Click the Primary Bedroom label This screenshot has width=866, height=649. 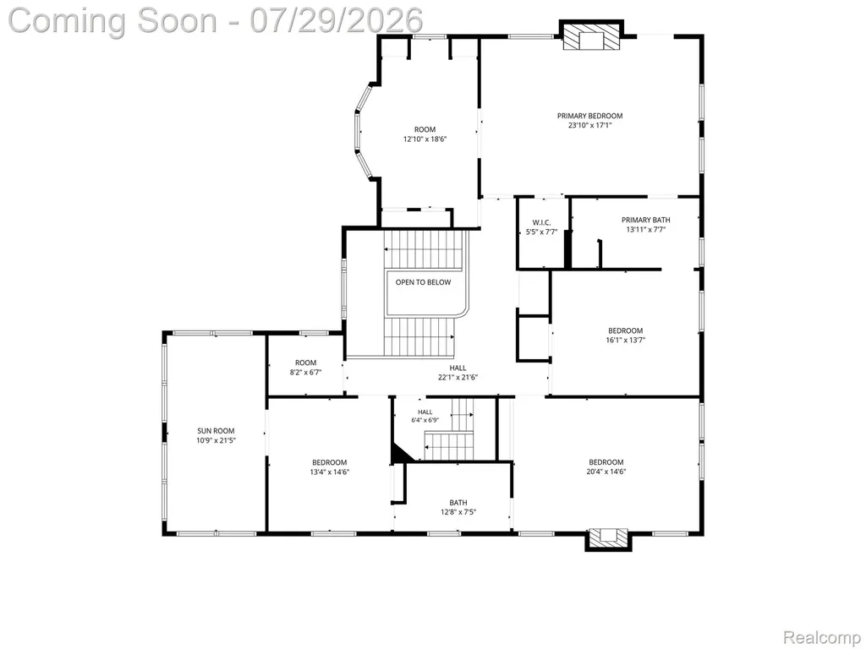point(589,116)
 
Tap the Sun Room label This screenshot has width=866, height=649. point(216,431)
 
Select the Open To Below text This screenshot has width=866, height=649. point(423,282)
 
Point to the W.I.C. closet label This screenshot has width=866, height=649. point(542,222)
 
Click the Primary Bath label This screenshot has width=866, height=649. point(645,220)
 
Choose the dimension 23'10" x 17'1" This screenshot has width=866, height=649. point(589,125)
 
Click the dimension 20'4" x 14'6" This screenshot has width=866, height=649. point(606,472)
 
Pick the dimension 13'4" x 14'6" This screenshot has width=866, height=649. point(330,472)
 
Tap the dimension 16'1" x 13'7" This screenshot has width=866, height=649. point(626,340)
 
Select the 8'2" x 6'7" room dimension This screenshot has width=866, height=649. point(305,373)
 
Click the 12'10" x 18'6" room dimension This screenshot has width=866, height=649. point(425,139)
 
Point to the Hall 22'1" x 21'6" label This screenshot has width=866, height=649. point(458,373)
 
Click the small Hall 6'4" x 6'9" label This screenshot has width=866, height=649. point(425,416)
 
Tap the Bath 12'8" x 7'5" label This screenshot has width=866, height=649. point(458,507)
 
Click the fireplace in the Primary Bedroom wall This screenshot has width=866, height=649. point(591,36)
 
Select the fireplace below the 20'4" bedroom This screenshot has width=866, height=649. point(608,539)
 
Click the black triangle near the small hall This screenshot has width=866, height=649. point(400,453)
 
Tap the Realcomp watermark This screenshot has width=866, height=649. point(822,638)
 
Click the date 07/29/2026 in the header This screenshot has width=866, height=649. point(337,20)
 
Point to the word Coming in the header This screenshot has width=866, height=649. point(69,21)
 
